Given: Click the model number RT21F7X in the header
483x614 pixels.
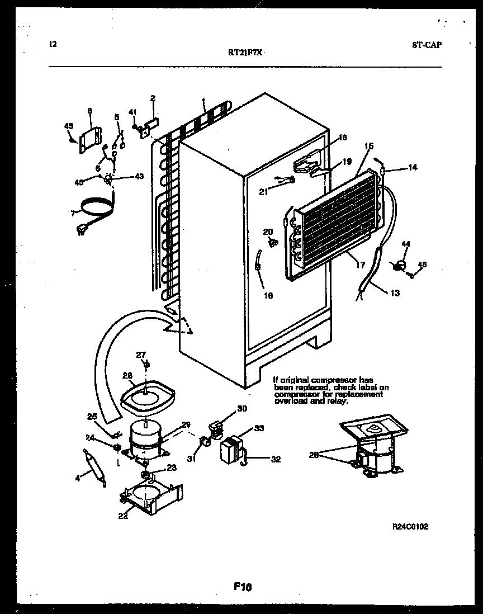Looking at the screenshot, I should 245,52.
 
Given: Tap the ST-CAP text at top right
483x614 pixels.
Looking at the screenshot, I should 427,45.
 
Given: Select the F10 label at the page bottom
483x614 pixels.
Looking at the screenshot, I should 243,587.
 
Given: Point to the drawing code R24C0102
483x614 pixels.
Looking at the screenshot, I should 411,526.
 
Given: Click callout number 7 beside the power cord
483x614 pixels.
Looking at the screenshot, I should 73,213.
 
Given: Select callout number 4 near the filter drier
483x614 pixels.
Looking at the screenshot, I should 78,477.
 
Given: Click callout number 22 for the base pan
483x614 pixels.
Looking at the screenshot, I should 122,516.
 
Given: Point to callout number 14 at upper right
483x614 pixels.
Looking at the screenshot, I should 413,167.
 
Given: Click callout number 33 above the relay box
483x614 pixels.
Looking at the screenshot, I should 259,428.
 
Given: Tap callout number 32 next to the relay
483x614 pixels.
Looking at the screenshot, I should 275,460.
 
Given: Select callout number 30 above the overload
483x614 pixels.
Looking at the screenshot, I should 241,409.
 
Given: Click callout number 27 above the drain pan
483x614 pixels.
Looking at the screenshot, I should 141,354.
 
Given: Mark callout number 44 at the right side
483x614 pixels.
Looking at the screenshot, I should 406,244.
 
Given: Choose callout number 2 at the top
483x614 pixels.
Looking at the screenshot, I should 152,98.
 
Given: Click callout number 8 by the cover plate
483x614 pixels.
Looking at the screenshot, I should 89,111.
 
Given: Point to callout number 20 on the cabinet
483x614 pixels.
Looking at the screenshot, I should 268,232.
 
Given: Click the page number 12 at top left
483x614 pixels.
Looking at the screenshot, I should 53,44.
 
